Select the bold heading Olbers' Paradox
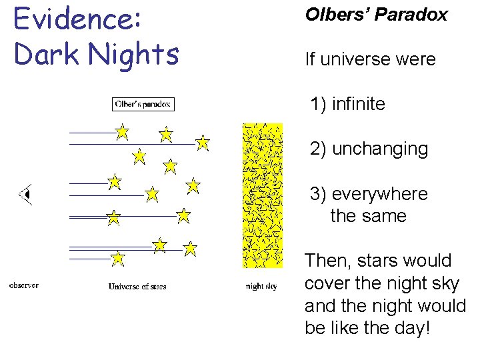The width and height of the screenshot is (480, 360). tap(376, 15)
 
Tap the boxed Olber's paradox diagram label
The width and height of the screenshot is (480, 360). tap(143, 104)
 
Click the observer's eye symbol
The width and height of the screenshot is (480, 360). tap(26, 195)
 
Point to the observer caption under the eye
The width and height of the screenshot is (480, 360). tap(23, 286)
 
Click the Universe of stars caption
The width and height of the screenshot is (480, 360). tap(137, 287)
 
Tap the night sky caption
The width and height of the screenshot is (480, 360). tap(261, 287)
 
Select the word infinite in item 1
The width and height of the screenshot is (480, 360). tap(358, 104)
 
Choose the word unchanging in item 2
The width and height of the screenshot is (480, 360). tap(379, 149)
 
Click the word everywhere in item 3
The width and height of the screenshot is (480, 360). tap(379, 194)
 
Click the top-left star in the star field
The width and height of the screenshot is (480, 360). tap(122, 132)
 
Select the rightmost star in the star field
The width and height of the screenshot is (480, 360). tap(203, 143)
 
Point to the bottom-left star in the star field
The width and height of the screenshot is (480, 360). tap(117, 258)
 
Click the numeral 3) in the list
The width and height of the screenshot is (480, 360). tap(318, 194)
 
